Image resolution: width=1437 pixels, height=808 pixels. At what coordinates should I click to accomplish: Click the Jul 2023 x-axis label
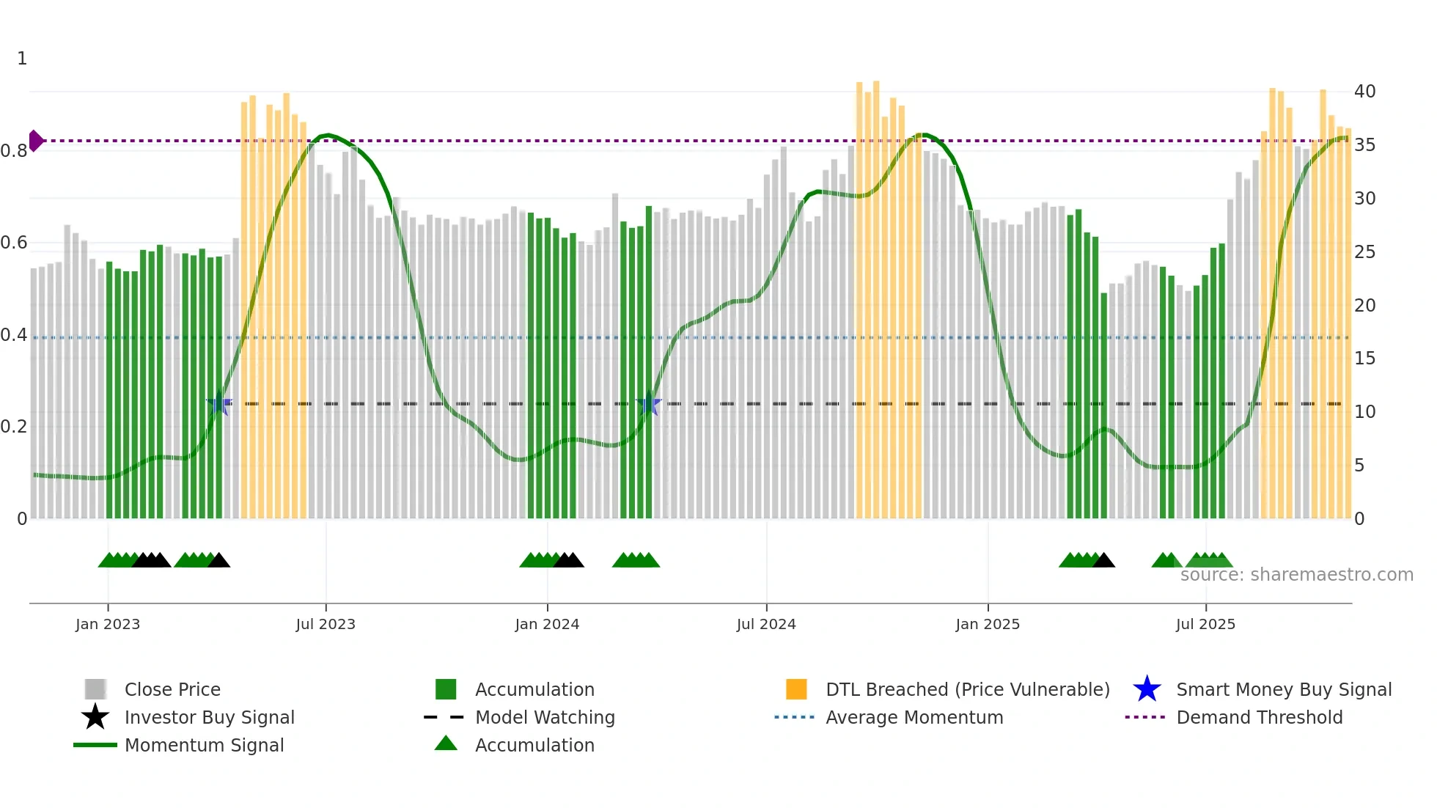pyautogui.click(x=326, y=624)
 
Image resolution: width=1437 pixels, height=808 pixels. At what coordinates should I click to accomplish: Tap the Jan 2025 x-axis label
pyautogui.click(x=988, y=624)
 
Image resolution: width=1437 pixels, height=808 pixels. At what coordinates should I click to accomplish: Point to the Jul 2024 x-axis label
pyautogui.click(x=766, y=624)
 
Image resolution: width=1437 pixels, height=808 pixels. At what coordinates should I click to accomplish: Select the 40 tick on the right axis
pyautogui.click(x=1364, y=92)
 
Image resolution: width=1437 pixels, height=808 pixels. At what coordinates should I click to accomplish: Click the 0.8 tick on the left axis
pyautogui.click(x=14, y=151)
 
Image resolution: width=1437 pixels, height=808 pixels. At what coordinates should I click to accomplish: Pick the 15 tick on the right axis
pyautogui.click(x=1364, y=359)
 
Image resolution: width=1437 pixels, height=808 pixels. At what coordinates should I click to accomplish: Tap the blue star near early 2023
pyautogui.click(x=219, y=403)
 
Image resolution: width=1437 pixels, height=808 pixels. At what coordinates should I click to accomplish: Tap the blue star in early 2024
pyautogui.click(x=649, y=403)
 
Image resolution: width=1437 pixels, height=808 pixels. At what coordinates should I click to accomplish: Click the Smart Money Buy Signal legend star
pyautogui.click(x=1147, y=689)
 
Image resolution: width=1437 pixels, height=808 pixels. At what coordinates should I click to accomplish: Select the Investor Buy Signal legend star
pyautogui.click(x=95, y=717)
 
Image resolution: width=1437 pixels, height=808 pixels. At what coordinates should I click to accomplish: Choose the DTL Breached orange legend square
pyautogui.click(x=796, y=689)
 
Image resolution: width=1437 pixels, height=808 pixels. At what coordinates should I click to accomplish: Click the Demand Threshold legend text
pyautogui.click(x=1259, y=717)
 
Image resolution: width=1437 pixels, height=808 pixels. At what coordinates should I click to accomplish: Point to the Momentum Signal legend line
pyautogui.click(x=95, y=745)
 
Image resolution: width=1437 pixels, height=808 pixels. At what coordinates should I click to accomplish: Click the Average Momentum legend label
pyautogui.click(x=914, y=717)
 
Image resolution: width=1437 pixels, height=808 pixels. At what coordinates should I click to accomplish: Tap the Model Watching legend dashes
pyautogui.click(x=444, y=717)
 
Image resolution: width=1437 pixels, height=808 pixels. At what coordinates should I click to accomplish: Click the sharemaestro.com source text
pyautogui.click(x=1296, y=575)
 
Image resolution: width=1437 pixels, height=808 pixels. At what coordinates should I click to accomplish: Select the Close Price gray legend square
pyautogui.click(x=95, y=689)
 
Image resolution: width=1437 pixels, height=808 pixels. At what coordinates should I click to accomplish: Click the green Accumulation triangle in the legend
pyautogui.click(x=446, y=743)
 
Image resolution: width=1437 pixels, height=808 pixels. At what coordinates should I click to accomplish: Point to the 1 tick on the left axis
pyautogui.click(x=22, y=59)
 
